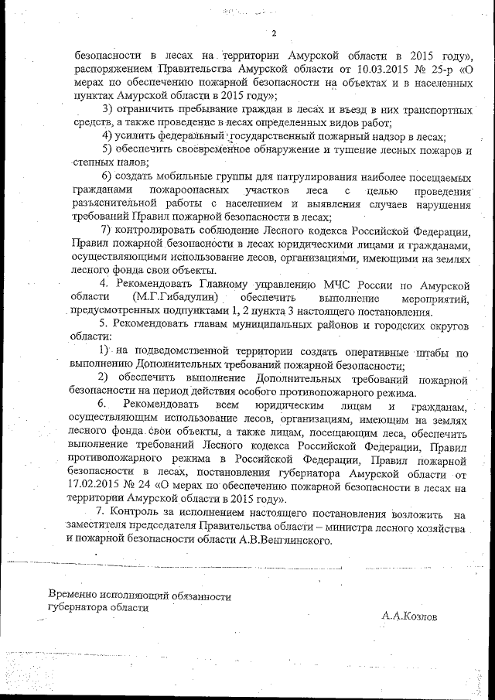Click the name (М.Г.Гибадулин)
tap(173, 299)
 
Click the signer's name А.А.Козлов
tap(408, 616)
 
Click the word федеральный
tap(183, 135)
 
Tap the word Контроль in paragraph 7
tap(137, 514)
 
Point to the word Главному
tap(219, 285)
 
